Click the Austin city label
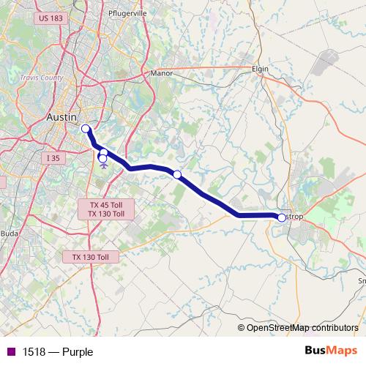[x=60, y=117]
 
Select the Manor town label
[x=160, y=73]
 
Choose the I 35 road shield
[x=51, y=158]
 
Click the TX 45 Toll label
[x=106, y=205]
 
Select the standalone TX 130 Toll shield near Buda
[x=90, y=257]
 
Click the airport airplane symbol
[x=102, y=165]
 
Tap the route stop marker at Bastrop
[x=281, y=217]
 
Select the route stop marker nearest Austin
[x=85, y=129]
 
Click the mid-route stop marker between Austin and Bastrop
[x=177, y=174]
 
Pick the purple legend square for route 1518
[x=11, y=352]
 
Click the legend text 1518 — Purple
[x=58, y=352]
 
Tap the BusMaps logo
[x=331, y=351]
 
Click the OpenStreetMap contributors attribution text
[x=302, y=327]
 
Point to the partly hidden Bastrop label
[x=294, y=217]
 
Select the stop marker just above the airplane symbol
[x=103, y=153]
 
